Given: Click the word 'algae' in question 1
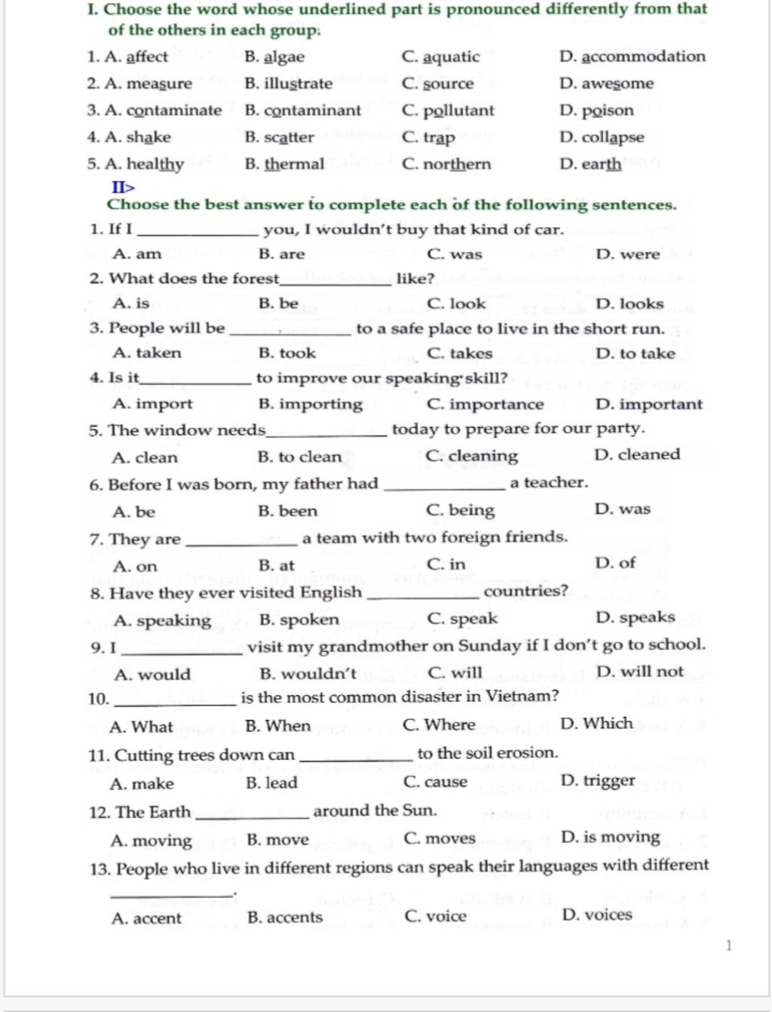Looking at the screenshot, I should (x=284, y=57).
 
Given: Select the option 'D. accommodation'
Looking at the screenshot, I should (x=632, y=57).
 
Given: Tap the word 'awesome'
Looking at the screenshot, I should (x=617, y=84).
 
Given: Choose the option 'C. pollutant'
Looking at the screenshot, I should (x=448, y=111).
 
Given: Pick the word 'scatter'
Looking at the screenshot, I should (x=289, y=137).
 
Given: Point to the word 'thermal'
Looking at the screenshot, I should (x=294, y=165).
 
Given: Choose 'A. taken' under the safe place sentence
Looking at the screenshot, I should (x=146, y=353).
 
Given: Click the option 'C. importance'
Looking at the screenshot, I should (x=485, y=404).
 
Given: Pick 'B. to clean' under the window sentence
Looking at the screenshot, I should (x=299, y=457).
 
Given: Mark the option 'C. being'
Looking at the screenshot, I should (x=460, y=511).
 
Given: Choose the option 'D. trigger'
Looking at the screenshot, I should (x=598, y=780).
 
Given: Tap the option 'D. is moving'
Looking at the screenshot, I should (x=611, y=837).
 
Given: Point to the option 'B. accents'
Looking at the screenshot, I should (x=284, y=918).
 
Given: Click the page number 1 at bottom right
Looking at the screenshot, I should (x=728, y=946).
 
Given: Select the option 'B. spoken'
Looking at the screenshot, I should (x=299, y=620).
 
